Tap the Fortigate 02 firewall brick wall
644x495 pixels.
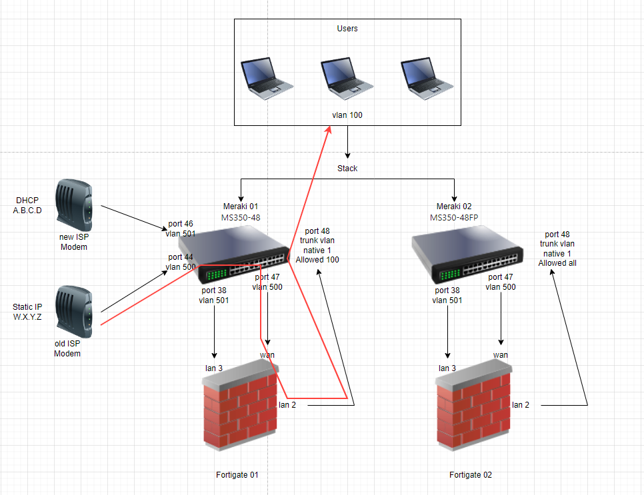[473, 409]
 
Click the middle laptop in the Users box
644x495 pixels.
[346, 79]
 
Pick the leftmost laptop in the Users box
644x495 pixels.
[267, 79]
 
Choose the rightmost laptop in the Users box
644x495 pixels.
[427, 79]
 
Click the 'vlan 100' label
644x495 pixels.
[347, 115]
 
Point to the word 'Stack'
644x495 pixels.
[347, 169]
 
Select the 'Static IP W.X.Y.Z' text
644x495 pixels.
[27, 312]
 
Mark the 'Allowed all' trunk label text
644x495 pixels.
[557, 262]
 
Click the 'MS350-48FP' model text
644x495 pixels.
[454, 217]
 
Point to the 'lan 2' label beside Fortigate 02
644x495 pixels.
[521, 404]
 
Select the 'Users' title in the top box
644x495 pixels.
[347, 29]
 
